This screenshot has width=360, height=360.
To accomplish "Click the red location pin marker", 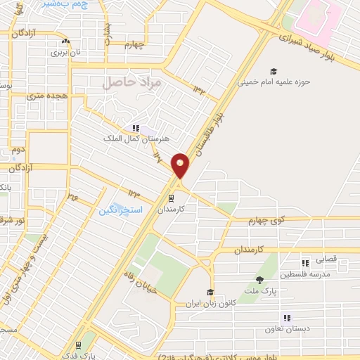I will click(x=181, y=165).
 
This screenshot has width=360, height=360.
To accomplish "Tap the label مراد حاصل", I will click(x=131, y=83).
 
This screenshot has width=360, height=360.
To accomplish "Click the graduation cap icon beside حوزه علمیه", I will click(x=273, y=71).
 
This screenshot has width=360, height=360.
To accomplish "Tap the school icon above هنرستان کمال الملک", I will click(x=135, y=129).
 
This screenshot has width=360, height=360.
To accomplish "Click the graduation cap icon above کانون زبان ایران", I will click(x=210, y=292).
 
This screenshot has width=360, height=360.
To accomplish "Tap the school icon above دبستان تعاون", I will click(x=285, y=318).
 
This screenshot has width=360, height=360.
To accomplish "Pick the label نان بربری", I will click(x=69, y=52).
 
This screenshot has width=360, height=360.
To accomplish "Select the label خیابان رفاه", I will click(x=138, y=284).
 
